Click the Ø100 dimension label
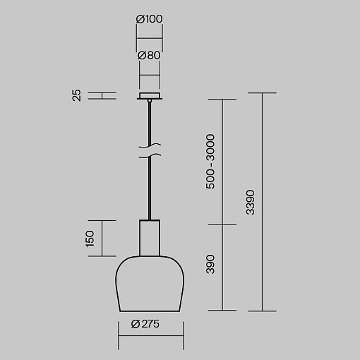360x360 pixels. click(149, 19)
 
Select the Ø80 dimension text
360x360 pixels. click(149, 55)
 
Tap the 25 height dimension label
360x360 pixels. click(76, 95)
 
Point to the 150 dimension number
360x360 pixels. click(90, 239)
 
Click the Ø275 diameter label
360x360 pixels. click(145, 324)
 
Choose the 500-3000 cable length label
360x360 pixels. click(210, 162)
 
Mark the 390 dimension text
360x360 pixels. click(210, 264)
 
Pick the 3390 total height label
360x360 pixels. click(250, 203)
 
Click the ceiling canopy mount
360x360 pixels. click(150, 96)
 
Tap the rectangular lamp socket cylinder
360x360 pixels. click(150, 238)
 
